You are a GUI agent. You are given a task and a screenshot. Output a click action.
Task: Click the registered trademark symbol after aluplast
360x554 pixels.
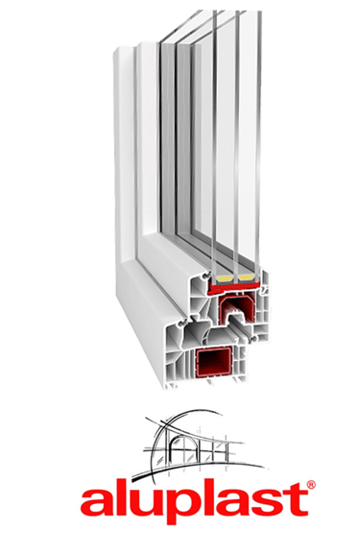(x=310, y=485)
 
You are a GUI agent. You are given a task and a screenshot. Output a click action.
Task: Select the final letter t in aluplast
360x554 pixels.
(x=297, y=499)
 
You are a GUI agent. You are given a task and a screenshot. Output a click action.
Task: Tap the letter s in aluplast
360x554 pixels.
(x=269, y=502)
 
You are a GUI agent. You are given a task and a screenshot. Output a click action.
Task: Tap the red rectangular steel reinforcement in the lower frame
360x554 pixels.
(x=214, y=363)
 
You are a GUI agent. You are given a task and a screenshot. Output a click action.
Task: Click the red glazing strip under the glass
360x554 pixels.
(x=233, y=287)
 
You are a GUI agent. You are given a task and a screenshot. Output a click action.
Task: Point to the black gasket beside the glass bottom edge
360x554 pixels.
(x=206, y=275)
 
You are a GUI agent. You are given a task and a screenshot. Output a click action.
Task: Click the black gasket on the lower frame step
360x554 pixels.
(x=182, y=322)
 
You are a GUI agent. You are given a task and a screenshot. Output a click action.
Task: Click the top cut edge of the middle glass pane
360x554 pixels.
(x=237, y=12)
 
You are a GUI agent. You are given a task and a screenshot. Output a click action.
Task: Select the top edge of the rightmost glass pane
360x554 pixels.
(x=259, y=12)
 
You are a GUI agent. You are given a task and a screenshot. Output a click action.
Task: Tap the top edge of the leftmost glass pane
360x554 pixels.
(x=215, y=12)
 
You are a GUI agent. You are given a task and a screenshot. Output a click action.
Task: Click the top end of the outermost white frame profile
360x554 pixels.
(x=124, y=49)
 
